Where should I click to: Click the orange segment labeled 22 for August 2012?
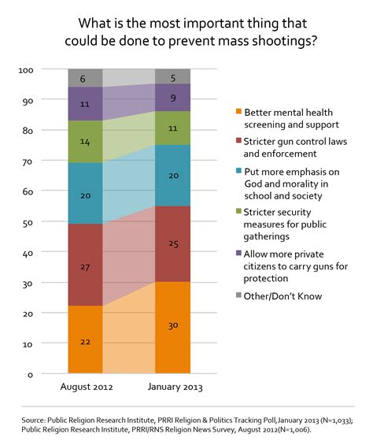coord(85,339)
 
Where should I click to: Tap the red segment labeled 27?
coord(85,265)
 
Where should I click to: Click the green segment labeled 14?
coord(85,142)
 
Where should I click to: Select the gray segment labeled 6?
coord(85,78)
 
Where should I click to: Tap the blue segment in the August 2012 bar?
coord(85,194)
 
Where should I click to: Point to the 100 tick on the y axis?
coord(47,70)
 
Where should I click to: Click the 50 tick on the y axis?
coord(50,222)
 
